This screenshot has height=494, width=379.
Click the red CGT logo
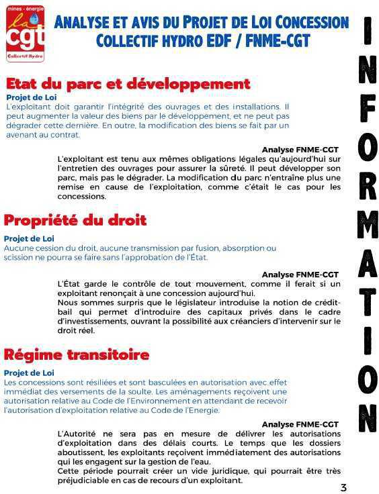coord(25,30)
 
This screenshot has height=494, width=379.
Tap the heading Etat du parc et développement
coord(128,85)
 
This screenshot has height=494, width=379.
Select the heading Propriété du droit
coord(75,220)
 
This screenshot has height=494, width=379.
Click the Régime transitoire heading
coord(77,354)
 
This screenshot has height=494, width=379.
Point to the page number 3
coord(343,487)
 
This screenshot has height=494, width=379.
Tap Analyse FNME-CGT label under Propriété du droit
coord(300,275)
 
